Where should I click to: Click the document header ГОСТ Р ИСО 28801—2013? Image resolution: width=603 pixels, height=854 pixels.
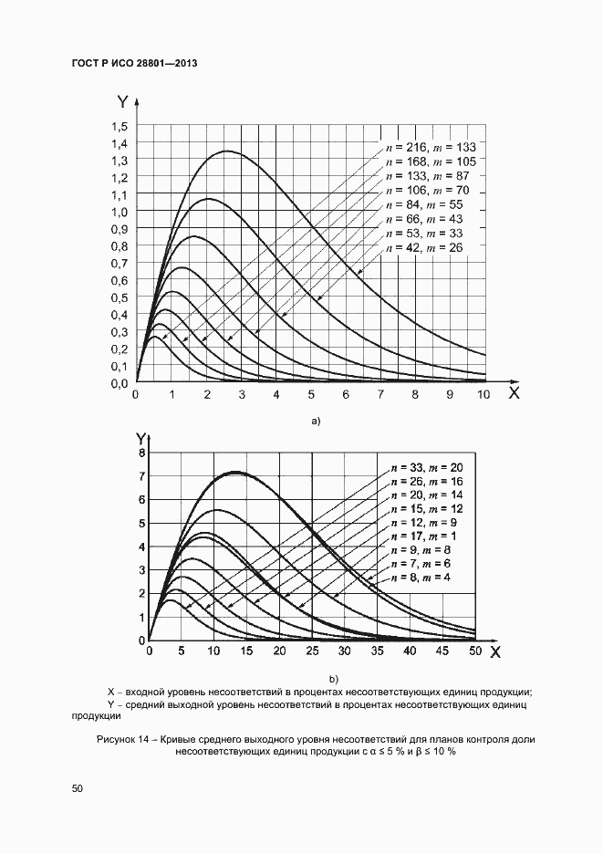134,64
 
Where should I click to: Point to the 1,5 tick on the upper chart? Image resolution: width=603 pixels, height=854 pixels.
120,126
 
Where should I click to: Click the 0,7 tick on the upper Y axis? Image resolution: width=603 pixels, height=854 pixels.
120,264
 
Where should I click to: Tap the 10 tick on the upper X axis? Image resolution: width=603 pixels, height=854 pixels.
483,396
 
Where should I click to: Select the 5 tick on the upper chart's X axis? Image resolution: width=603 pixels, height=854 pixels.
311,396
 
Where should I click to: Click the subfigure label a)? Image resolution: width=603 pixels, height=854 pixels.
317,422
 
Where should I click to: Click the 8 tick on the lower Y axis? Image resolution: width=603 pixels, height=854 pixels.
141,453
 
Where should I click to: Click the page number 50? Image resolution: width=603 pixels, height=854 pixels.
76,788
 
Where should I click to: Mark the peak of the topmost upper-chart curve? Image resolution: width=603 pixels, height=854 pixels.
226,151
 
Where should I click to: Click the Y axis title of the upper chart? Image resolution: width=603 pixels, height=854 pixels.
123,103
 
